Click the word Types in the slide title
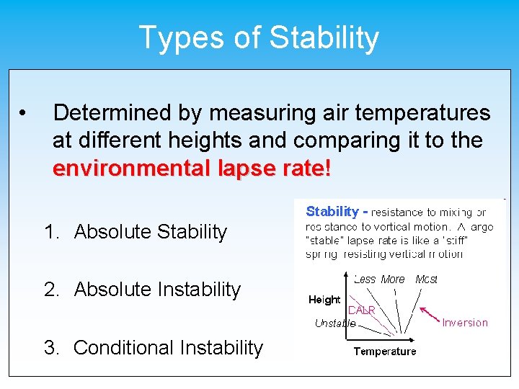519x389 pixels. point(170,37)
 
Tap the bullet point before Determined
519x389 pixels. point(24,113)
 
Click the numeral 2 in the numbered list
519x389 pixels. point(50,290)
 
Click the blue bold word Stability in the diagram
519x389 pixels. point(332,211)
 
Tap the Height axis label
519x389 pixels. point(324,300)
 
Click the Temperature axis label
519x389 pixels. point(384,352)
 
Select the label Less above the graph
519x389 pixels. point(365,279)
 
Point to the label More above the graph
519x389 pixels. point(393,279)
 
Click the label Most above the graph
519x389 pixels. point(426,279)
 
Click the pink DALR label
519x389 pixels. point(361,310)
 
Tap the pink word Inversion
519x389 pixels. point(465,323)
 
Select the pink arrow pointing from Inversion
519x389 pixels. point(431,313)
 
